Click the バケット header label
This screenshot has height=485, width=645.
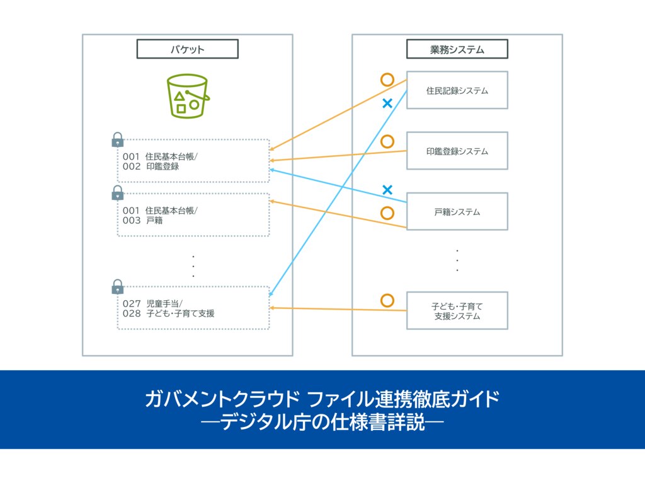pos(187,49)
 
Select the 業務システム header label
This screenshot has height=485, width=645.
pos(457,49)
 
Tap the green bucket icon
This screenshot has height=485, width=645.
pos(187,96)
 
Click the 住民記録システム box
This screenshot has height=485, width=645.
pos(457,90)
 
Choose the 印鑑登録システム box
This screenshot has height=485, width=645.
pos(457,151)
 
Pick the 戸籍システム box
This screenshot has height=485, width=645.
pos(457,211)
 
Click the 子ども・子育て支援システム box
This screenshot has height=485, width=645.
pos(457,310)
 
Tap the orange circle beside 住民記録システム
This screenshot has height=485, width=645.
pos(387,80)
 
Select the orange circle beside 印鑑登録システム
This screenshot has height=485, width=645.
pos(387,141)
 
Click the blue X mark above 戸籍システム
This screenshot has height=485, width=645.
pos(387,189)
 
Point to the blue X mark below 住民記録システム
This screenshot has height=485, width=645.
pos(387,103)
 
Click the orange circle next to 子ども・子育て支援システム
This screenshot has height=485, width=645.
pos(387,301)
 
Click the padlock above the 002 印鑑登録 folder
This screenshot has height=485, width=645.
pos(118,139)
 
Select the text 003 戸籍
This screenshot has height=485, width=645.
pos(140,221)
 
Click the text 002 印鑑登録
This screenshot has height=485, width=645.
pos(151,167)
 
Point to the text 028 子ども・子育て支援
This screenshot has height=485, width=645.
pos(168,313)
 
